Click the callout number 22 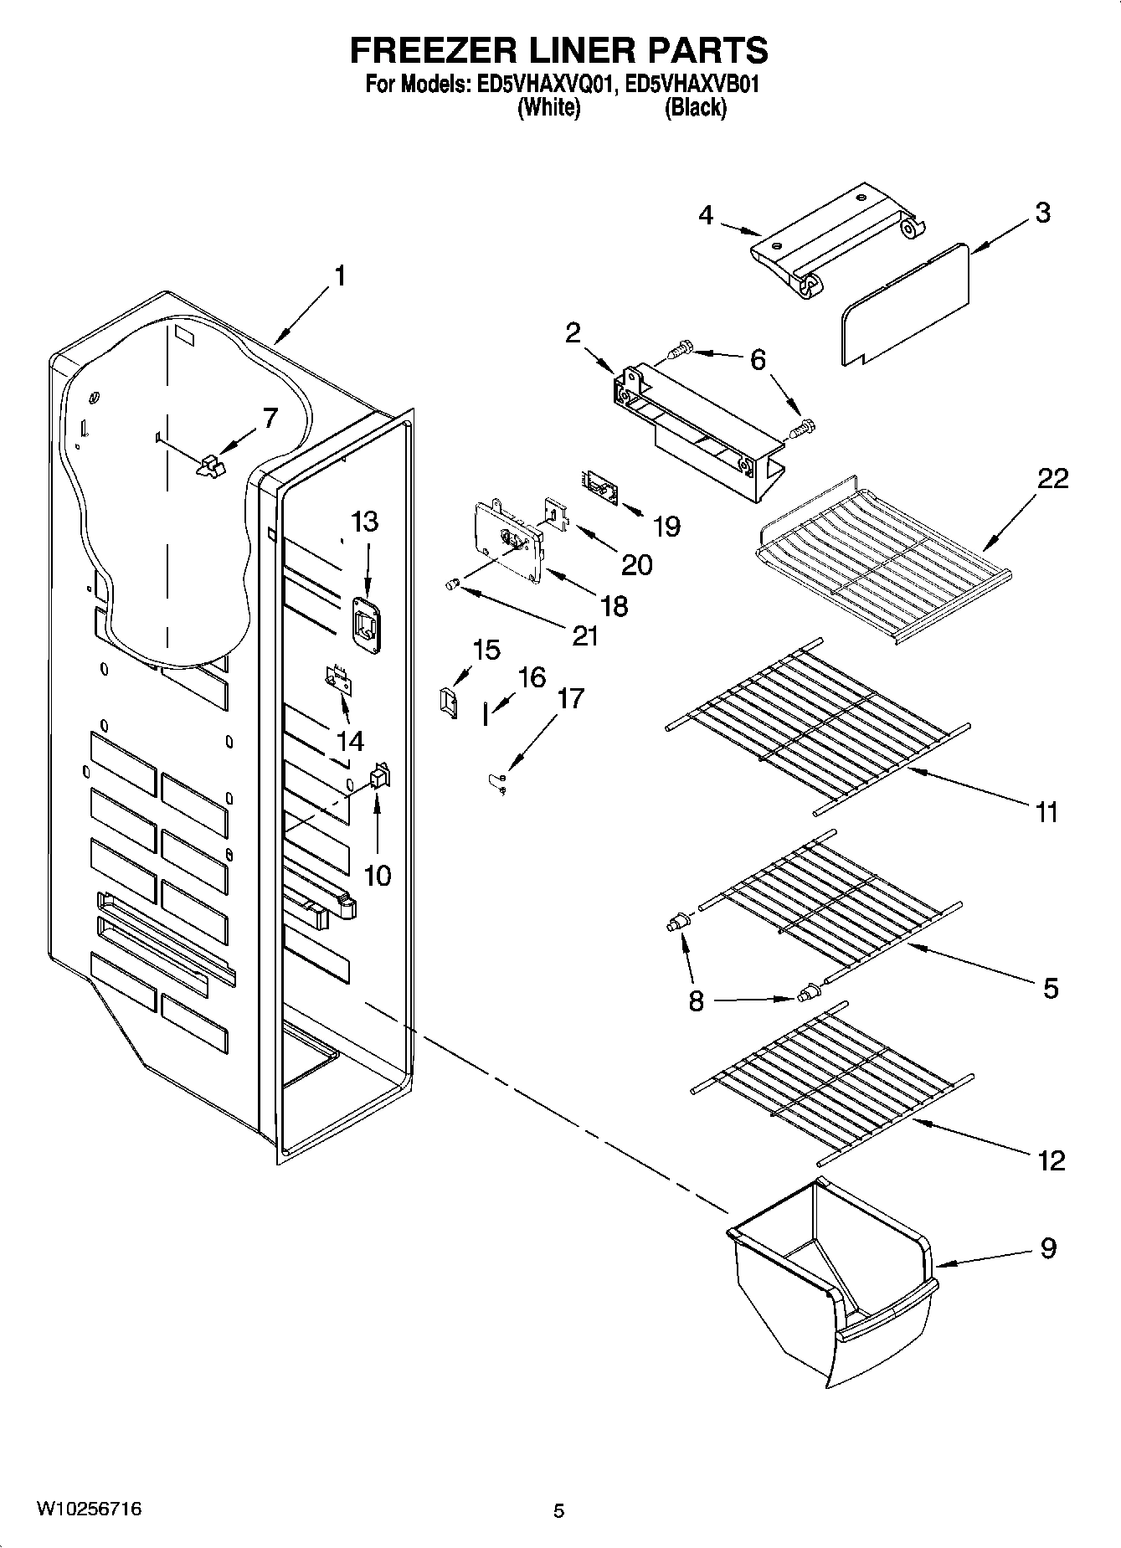click(x=1052, y=479)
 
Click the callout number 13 click(x=364, y=522)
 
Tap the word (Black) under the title click(x=695, y=108)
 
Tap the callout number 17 click(x=570, y=698)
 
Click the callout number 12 click(x=1051, y=1160)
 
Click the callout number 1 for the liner click(x=339, y=275)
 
